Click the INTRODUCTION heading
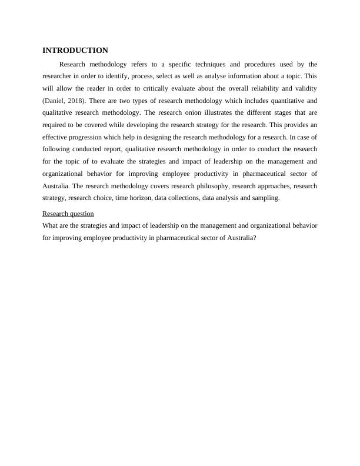pos(75,51)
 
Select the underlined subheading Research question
pos(68,214)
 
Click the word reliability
pos(257,88)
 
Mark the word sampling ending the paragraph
pos(265,198)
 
